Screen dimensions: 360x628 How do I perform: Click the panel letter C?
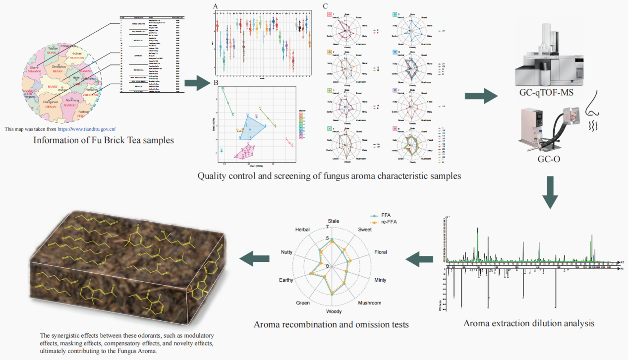[x=325, y=6]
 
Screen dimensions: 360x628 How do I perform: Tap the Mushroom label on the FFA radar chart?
[x=370, y=302]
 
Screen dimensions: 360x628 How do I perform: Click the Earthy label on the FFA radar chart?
[x=286, y=280]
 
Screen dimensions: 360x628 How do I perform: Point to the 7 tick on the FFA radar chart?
[x=327, y=227]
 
